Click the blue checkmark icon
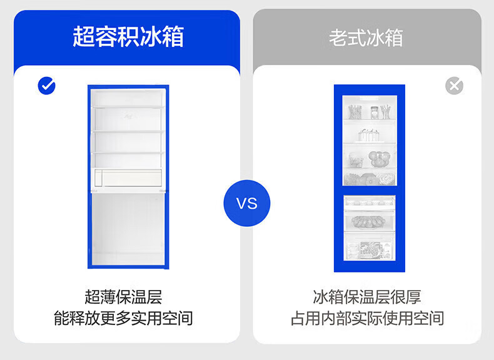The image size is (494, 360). click(47, 86)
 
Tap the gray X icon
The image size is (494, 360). click(454, 86)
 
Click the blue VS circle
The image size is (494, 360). click(246, 203)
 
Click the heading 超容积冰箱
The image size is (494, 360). click(128, 37)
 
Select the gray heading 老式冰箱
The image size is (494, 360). click(366, 37)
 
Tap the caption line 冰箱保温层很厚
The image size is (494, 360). click(367, 296)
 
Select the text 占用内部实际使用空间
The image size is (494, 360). click(367, 318)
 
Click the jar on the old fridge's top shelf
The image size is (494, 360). click(374, 112)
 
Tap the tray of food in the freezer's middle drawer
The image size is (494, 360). click(369, 221)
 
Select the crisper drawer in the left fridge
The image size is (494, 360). click(128, 179)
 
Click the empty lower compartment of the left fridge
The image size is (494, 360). click(128, 228)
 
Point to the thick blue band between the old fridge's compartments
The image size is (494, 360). click(369, 190)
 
